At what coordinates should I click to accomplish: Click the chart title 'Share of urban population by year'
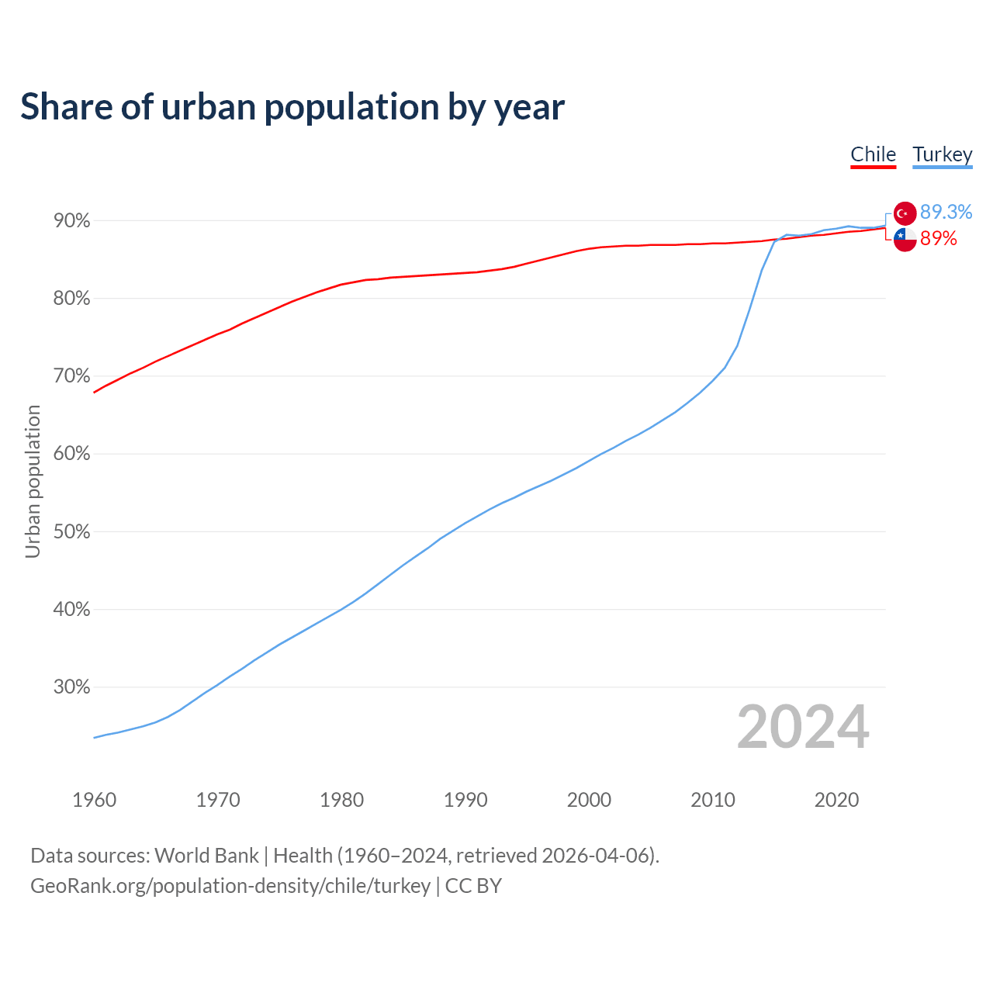292,107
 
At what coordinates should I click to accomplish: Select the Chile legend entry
873,154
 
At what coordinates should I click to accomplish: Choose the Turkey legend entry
942,154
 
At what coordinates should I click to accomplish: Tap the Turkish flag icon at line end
905,213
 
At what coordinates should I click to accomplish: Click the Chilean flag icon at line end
905,240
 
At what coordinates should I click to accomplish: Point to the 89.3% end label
946,213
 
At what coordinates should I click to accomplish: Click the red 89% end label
938,239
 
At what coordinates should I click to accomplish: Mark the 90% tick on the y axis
72,221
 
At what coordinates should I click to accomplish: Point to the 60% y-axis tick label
72,454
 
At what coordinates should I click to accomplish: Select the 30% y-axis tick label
72,687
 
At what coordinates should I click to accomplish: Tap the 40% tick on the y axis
72,610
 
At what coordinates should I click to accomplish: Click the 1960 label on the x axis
95,800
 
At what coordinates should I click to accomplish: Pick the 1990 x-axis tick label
465,800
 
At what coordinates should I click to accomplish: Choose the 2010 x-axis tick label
713,800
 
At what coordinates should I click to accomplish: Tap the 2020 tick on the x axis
836,800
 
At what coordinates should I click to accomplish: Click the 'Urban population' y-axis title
33,481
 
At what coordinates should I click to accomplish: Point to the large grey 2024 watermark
803,727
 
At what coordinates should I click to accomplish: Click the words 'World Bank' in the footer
206,856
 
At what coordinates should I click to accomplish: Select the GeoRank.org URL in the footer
230,886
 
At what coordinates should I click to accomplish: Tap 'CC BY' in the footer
473,886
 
